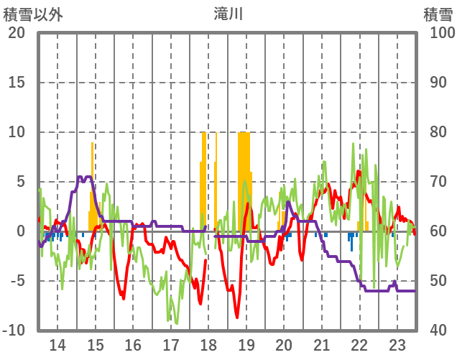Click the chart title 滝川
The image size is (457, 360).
pos(228,14)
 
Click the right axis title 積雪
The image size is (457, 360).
pos(437,14)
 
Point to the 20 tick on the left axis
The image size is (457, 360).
pos(17,33)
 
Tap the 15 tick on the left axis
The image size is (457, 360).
pos(17,83)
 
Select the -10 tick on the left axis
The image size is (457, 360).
pos(14,330)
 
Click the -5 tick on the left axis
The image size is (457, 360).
pos(17,280)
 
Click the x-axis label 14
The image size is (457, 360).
pos(57,344)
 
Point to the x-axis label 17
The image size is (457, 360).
pos(170,344)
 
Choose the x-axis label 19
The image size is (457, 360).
pos(246,344)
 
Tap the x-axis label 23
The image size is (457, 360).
pos(397,344)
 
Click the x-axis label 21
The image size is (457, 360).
pos(321,344)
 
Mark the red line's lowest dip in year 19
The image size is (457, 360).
pos(236,316)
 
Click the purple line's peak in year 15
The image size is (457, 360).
pos(85,177)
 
